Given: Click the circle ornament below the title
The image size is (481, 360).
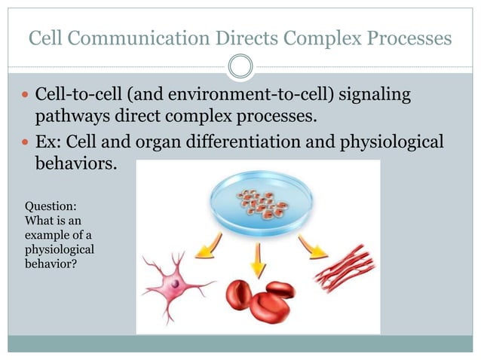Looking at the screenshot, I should (x=240, y=66).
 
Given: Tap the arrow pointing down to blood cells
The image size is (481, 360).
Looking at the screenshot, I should (x=259, y=259).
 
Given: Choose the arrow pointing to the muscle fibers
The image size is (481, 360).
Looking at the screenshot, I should (x=313, y=246).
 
